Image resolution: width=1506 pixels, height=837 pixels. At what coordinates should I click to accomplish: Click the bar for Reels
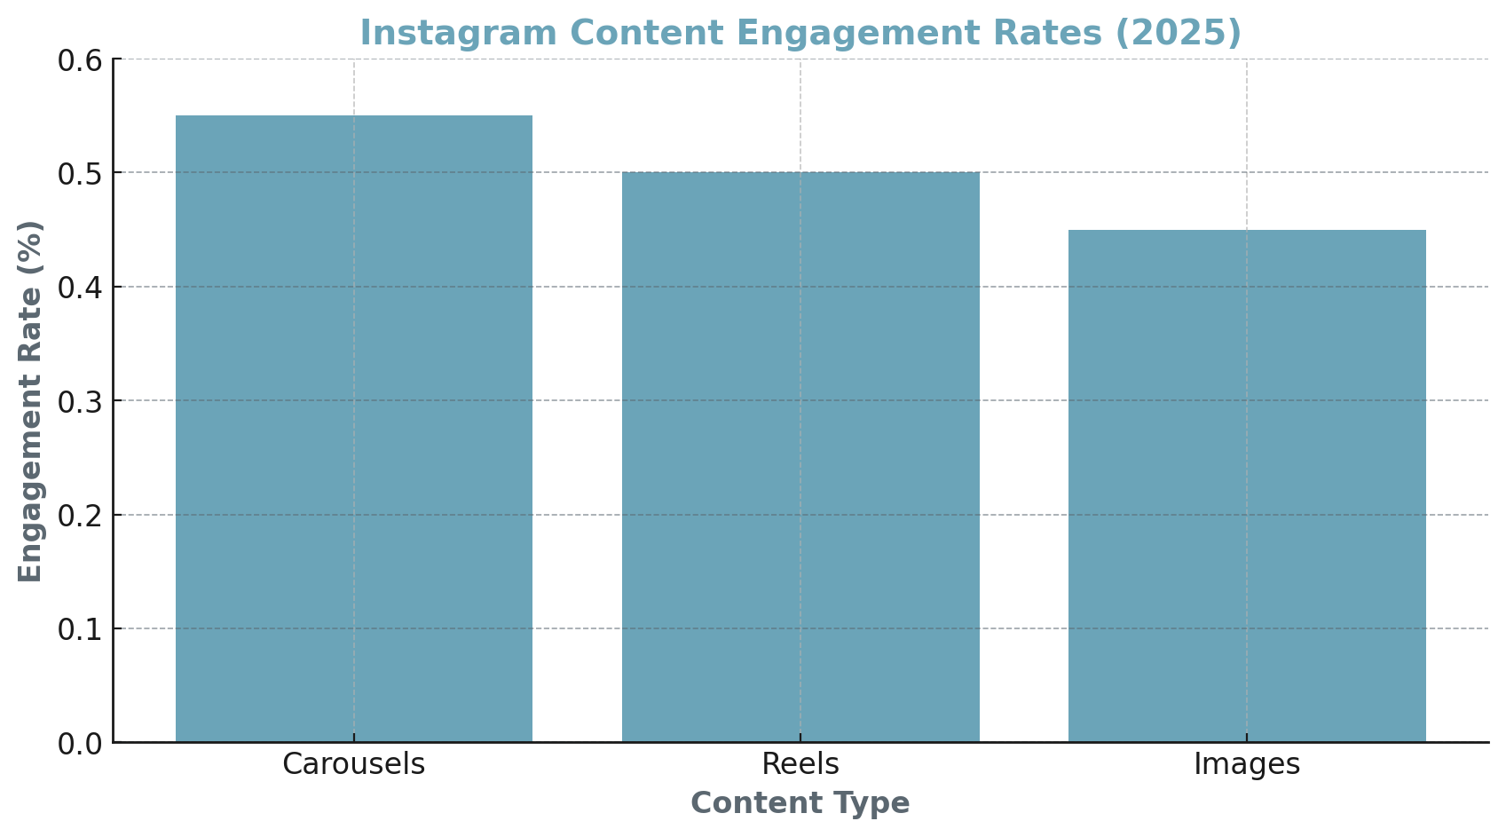(x=800, y=457)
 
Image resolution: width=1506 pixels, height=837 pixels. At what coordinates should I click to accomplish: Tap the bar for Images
(x=1247, y=486)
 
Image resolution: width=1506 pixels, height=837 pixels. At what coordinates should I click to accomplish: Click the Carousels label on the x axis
(x=354, y=764)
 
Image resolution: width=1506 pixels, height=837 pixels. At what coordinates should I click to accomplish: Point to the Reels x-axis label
(x=800, y=764)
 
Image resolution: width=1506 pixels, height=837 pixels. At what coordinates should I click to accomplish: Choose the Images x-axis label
(x=1247, y=764)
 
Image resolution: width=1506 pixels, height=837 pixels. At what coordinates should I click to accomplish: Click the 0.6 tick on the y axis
(x=80, y=60)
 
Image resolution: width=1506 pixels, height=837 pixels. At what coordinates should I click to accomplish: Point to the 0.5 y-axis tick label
(x=80, y=174)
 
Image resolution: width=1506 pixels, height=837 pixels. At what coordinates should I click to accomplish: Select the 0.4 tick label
(x=80, y=288)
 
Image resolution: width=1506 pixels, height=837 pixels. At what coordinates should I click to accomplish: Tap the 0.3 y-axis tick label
(x=80, y=401)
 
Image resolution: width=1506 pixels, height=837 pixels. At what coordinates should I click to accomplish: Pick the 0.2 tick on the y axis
(x=80, y=516)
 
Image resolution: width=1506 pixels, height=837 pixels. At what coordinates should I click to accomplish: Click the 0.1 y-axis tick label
(x=80, y=629)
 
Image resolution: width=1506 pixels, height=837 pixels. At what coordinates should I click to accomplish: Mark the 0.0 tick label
(x=80, y=744)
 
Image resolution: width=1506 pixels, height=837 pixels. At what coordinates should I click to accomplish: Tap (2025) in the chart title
(x=1178, y=34)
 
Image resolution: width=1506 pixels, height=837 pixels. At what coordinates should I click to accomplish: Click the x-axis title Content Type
(x=800, y=803)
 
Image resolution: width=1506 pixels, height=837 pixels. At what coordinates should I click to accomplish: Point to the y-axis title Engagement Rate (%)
(x=31, y=401)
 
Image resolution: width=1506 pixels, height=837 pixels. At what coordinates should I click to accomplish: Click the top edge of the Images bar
(x=1247, y=231)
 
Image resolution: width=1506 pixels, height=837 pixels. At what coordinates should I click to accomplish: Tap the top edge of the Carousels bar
(x=354, y=116)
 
